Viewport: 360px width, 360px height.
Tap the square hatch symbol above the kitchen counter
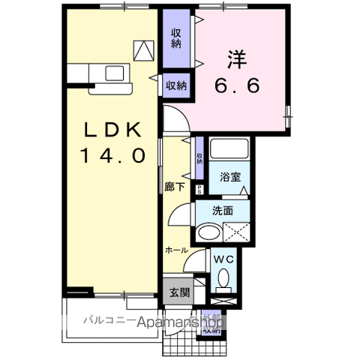142,50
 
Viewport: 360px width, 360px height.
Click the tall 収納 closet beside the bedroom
176,37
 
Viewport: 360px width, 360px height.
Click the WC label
225,259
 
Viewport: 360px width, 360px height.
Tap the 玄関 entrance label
178,292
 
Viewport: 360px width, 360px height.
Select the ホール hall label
176,249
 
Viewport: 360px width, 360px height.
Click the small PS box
199,190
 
